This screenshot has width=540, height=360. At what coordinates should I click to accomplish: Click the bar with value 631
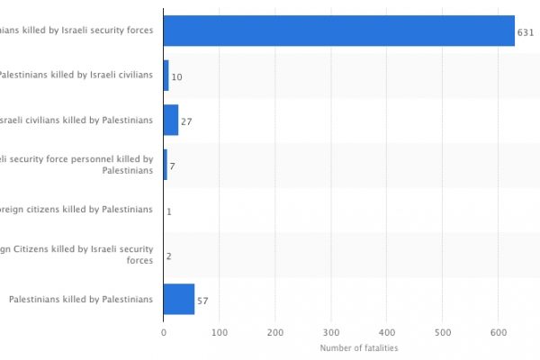338,31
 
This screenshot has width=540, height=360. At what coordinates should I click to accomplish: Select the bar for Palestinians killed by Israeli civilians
166,76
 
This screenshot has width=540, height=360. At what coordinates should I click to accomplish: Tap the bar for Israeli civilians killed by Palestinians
170,120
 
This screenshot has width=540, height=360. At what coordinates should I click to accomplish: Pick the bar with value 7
165,165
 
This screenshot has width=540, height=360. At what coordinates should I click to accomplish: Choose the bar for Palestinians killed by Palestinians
178,299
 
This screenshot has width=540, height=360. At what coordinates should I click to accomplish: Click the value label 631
526,32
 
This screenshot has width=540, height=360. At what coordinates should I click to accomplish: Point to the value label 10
176,77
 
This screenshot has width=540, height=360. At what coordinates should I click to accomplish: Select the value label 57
202,301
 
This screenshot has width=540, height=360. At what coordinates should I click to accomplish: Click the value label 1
168,211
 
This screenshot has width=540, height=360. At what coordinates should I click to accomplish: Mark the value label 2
168,256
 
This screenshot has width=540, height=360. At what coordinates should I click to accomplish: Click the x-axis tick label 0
163,333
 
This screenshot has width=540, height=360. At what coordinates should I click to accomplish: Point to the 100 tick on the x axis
219,333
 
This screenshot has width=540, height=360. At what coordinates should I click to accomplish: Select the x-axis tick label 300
331,333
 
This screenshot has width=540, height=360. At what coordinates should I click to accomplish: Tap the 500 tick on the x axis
443,333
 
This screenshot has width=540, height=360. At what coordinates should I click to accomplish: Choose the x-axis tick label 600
499,333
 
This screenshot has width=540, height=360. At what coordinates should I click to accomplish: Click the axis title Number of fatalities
359,348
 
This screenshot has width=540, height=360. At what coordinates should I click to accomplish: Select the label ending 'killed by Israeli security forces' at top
76,31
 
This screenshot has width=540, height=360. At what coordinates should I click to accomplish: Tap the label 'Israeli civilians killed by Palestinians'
76,120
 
